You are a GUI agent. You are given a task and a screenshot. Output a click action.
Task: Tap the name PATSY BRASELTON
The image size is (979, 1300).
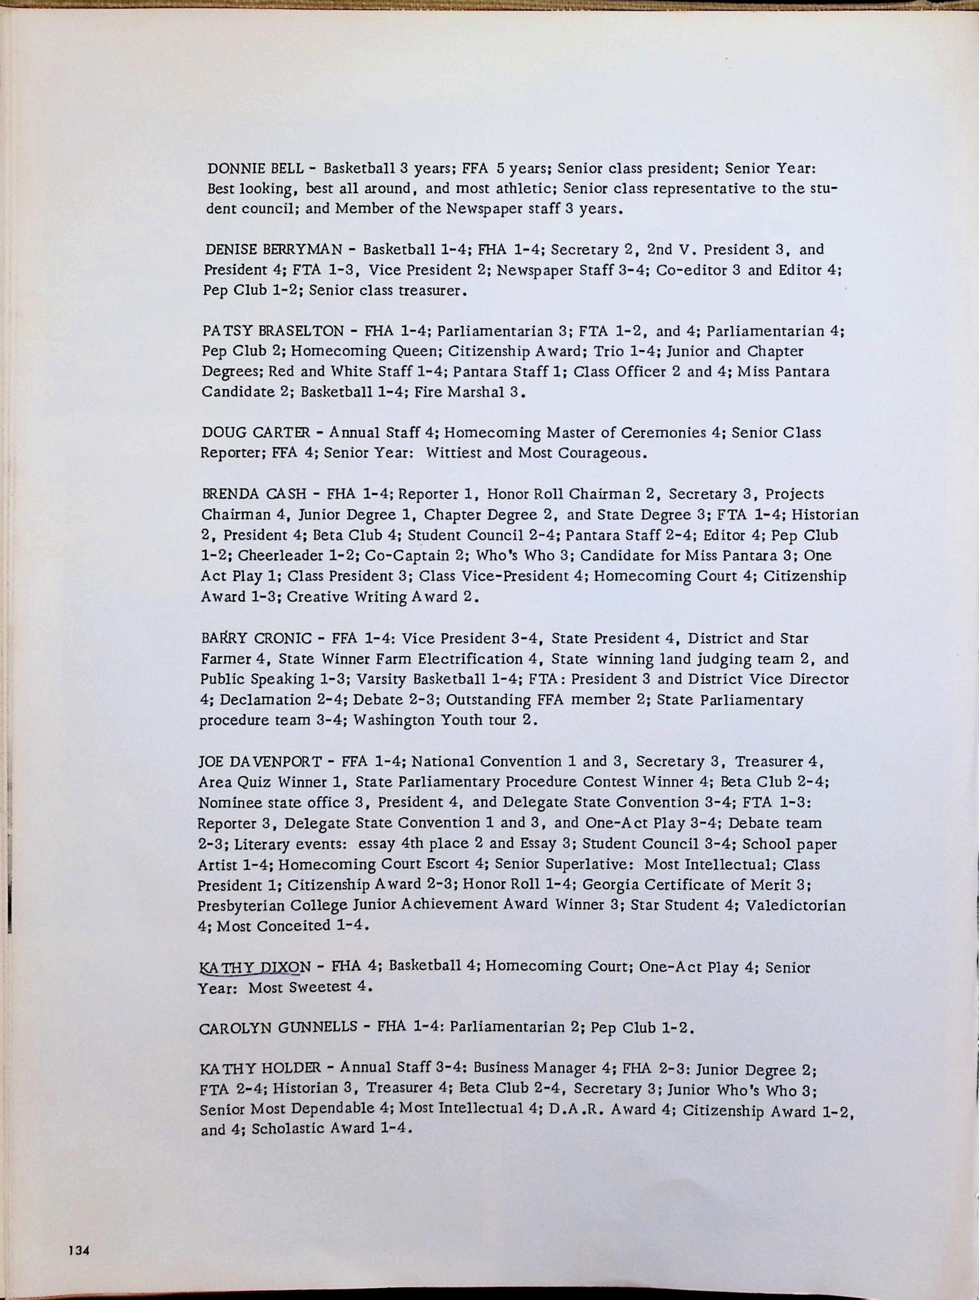click(x=272, y=330)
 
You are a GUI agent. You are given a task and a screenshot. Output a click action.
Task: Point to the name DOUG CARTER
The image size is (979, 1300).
click(x=255, y=433)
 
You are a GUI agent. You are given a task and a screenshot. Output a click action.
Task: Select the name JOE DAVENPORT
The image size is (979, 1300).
click(x=260, y=762)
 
